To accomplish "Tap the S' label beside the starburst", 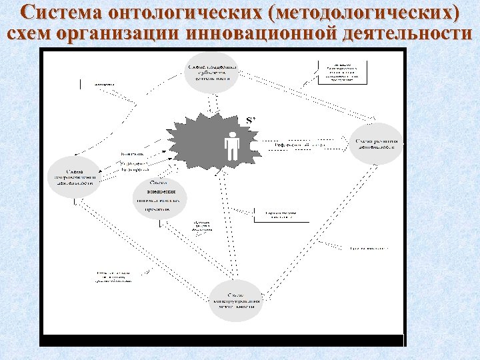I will (x=251, y=120).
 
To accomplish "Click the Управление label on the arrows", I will (x=134, y=163).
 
